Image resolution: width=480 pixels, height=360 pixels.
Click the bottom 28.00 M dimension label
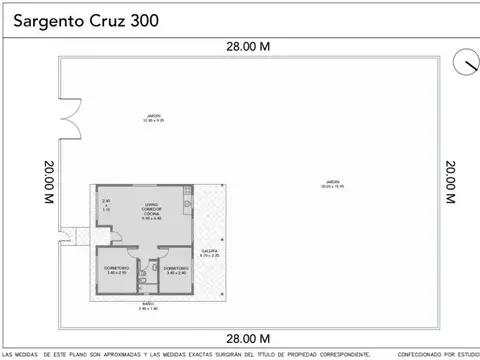pyautogui.click(x=246, y=338)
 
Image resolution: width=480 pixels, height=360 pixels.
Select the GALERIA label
pyautogui.click(x=209, y=253)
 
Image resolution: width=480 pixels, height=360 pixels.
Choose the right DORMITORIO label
pyautogui.click(x=175, y=270)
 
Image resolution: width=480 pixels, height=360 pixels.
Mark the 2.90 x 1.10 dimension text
pyautogui.click(x=106, y=205)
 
